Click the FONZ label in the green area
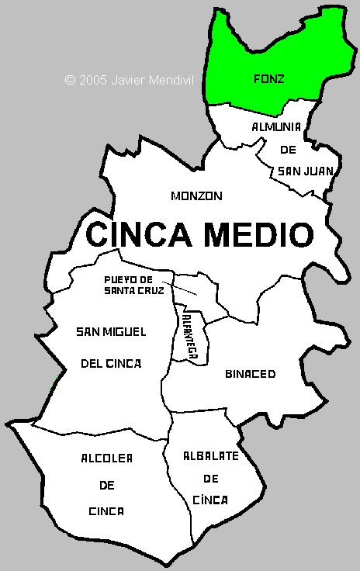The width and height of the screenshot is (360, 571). coord(269,78)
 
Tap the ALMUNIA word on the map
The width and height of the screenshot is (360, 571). coord(276,126)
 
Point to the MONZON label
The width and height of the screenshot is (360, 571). coord(196,196)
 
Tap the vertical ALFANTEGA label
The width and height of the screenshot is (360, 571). coord(189,334)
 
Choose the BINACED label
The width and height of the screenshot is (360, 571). coord(250,374)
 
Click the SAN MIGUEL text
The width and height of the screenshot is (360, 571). coord(111,332)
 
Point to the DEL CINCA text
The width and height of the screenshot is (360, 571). coord(111,362)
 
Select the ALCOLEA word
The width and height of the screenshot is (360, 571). coord(106,459)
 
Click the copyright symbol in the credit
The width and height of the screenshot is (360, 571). coord(70,79)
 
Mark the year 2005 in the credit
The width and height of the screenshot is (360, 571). coord(93,79)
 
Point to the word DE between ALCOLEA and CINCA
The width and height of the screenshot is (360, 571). coord(106,486)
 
